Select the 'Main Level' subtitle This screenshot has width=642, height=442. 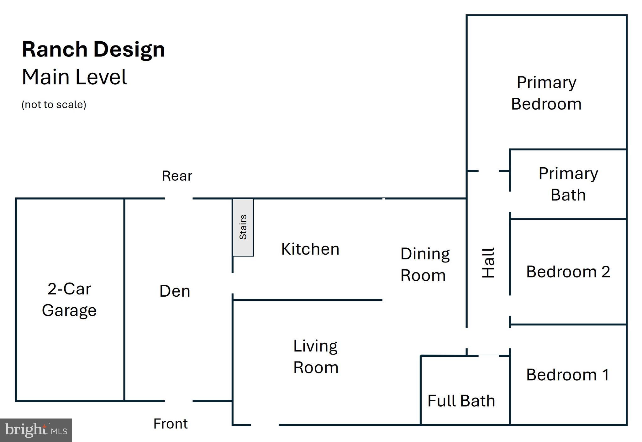(74, 77)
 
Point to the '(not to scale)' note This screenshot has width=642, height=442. (54, 104)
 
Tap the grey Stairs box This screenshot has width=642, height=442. (243, 227)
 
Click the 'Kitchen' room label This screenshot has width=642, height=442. (310, 249)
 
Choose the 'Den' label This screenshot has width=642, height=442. (175, 291)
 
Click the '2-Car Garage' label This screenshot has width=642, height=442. (69, 299)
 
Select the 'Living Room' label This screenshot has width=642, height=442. (316, 356)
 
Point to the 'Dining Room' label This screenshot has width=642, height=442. (425, 265)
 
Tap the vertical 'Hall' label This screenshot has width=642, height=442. (488, 263)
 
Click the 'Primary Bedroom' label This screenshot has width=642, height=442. (546, 93)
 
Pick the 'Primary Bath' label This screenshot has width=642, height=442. (568, 184)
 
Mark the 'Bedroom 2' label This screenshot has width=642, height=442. (568, 272)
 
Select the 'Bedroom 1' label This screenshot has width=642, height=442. (568, 375)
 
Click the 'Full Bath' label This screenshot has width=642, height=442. (461, 401)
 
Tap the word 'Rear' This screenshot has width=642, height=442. (177, 176)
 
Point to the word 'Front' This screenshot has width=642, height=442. (171, 424)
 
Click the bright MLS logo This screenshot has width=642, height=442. (36, 430)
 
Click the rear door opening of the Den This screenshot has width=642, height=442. (179, 198)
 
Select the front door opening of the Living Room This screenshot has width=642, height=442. (265, 425)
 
